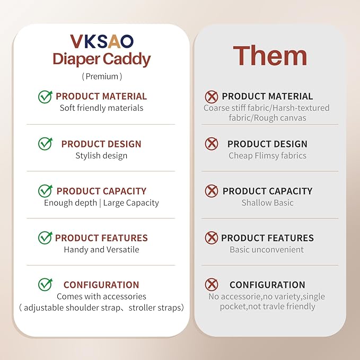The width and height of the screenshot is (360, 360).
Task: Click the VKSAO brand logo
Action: pyautogui.click(x=101, y=41)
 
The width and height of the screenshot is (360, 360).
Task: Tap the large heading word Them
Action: pyautogui.click(x=270, y=56)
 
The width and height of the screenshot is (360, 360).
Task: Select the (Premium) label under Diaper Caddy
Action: pyautogui.click(x=102, y=76)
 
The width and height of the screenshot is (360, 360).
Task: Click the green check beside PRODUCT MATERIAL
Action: pyautogui.click(x=45, y=96)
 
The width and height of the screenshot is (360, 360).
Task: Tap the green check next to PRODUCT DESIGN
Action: pyautogui.click(x=45, y=144)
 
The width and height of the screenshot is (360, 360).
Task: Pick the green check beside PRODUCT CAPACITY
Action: pyautogui.click(x=45, y=191)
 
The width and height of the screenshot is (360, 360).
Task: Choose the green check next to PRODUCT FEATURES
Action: pyautogui.click(x=45, y=238)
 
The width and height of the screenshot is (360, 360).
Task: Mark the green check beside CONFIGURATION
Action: pyautogui.click(x=45, y=285)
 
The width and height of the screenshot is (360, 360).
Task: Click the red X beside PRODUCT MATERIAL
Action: pyautogui.click(x=212, y=96)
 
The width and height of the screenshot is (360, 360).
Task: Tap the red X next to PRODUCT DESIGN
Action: pyautogui.click(x=212, y=144)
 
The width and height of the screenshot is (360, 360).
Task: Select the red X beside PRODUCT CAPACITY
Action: pyautogui.click(x=212, y=191)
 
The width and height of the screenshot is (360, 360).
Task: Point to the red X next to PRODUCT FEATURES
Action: pyautogui.click(x=212, y=238)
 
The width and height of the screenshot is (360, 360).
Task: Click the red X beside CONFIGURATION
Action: pyautogui.click(x=212, y=285)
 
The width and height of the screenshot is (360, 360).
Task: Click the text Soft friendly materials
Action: pyautogui.click(x=101, y=108)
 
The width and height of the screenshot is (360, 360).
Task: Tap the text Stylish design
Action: pyautogui.click(x=101, y=156)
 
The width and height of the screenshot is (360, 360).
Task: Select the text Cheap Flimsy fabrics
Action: pyautogui.click(x=267, y=156)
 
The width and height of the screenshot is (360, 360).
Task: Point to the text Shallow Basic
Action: pyautogui.click(x=267, y=203)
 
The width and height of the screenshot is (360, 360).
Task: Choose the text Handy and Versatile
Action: pyautogui.click(x=101, y=250)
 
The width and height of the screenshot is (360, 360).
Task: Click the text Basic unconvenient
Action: pyautogui.click(x=267, y=250)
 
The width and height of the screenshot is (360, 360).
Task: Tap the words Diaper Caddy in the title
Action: pyautogui.click(x=101, y=59)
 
